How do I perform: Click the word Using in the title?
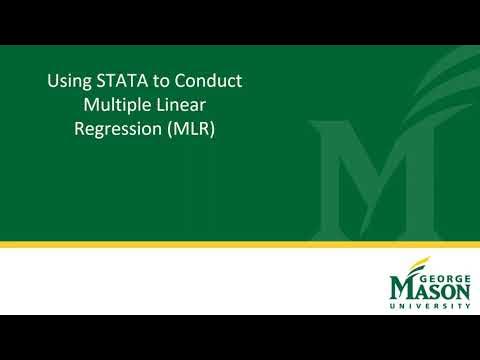click(68, 81)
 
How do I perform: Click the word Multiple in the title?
click(119, 105)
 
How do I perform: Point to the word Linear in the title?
click(189, 105)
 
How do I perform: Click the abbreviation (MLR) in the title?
click(202, 129)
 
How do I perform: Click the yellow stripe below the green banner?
click(240, 244)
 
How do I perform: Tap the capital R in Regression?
click(81, 129)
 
